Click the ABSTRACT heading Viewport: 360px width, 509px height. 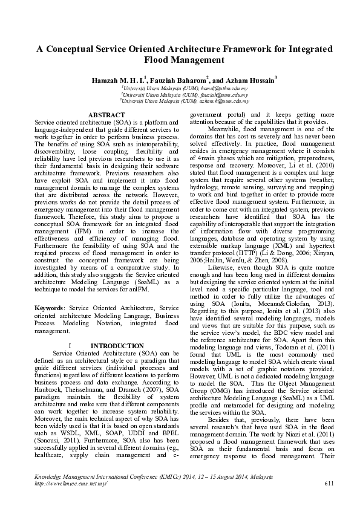coord(106,115)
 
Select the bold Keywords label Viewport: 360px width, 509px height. coord(49,308)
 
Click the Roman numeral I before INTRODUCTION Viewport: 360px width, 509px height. coord(70,346)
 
